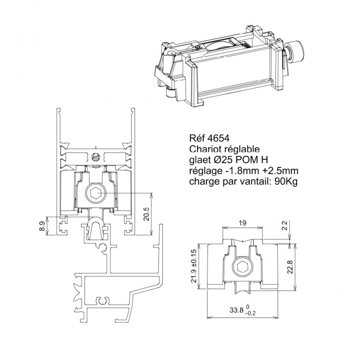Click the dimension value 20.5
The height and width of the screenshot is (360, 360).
pos(147,214)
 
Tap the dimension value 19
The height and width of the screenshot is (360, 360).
pos(243,223)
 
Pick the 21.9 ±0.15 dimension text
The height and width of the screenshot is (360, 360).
pos(194,266)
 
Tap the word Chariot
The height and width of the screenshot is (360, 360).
pos(204,149)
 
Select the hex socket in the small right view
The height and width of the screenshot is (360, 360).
pos(243,266)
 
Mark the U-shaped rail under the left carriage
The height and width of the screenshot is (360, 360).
pos(95,228)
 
